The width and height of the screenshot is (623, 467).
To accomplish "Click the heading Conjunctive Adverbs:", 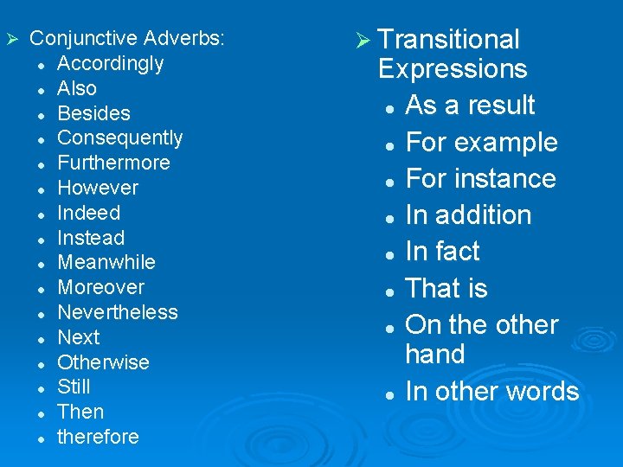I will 127,39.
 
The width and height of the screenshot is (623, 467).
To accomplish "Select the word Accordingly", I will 110,64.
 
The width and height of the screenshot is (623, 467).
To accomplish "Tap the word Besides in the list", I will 93,113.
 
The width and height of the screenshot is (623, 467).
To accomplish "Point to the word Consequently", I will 119,138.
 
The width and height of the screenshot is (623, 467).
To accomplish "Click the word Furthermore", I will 113,163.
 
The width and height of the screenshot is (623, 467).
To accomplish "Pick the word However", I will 97,188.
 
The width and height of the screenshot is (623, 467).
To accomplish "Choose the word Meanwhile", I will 106,262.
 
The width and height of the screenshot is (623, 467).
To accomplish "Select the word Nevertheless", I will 117,312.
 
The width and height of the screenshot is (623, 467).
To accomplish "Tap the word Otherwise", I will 103,362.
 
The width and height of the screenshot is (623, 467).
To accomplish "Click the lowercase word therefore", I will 98,437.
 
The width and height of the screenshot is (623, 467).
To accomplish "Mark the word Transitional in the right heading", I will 449,40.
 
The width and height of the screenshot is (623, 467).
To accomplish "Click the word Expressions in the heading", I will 453,69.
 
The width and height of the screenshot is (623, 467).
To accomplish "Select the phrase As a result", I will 470,106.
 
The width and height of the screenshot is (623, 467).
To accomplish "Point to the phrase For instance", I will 480,179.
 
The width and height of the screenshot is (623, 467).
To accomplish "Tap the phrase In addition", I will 468,215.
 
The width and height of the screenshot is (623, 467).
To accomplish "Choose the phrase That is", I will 446,288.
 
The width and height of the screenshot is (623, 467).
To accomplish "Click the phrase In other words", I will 491,391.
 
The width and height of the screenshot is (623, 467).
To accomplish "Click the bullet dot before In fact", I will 391,253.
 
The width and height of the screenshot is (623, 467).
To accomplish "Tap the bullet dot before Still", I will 41,388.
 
